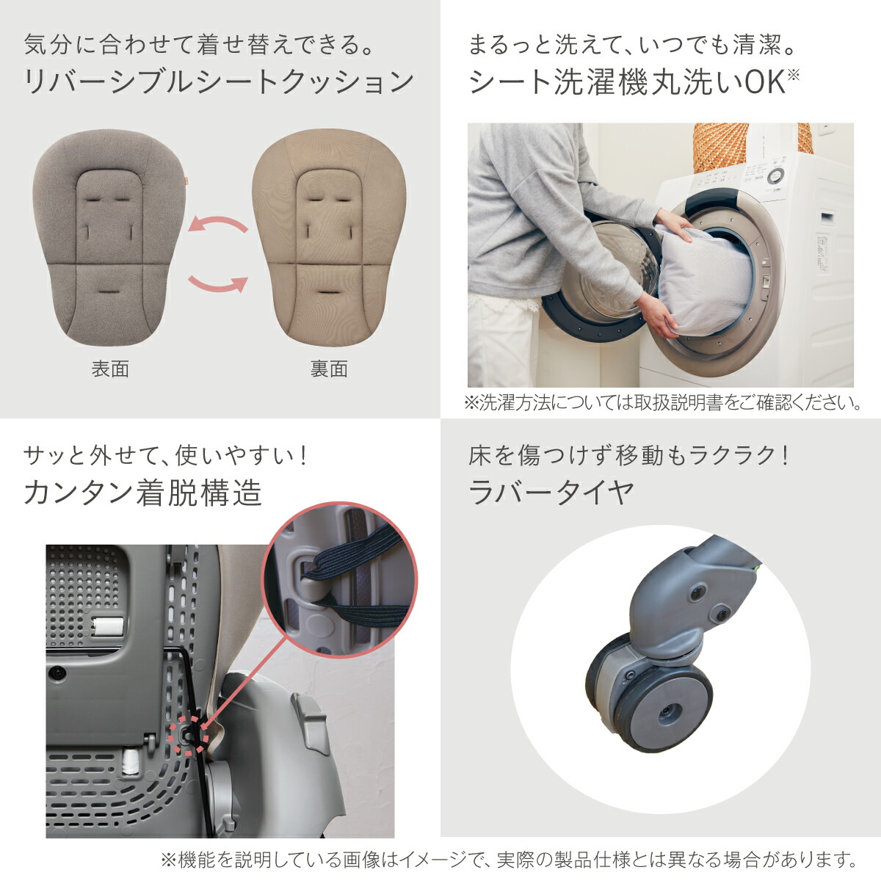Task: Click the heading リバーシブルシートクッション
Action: (x=219, y=81)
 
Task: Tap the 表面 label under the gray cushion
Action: (x=110, y=369)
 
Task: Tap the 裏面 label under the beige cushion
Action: (x=328, y=369)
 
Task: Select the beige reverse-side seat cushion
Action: (x=328, y=242)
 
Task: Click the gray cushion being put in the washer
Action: (x=705, y=283)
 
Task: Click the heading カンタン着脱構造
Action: (x=142, y=493)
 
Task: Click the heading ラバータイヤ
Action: (x=551, y=493)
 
